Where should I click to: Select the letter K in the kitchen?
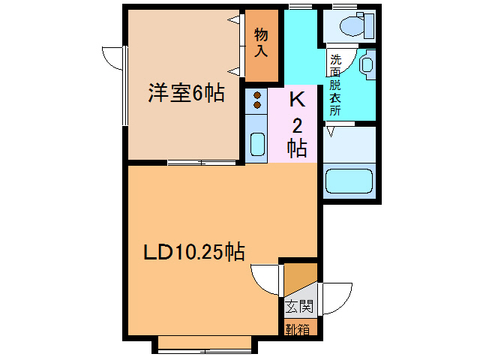(297, 99)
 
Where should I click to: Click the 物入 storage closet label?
(262, 43)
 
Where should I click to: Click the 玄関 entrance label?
(299, 306)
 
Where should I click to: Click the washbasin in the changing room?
(367, 65)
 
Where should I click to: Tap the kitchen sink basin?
(256, 143)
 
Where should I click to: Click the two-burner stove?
(256, 100)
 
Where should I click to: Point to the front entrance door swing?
(335, 298)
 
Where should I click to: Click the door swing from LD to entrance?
(266, 280)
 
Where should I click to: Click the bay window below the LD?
(204, 343)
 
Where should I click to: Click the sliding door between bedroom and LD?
(202, 162)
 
